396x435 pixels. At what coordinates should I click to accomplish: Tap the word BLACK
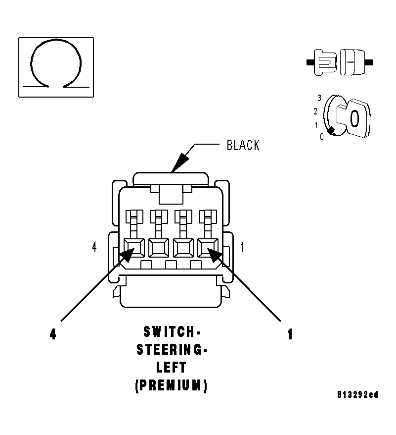click(x=243, y=145)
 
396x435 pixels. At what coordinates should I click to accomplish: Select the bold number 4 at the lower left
click(x=53, y=334)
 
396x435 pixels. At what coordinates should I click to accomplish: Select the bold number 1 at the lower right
click(x=290, y=335)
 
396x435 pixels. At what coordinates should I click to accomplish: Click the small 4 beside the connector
click(x=94, y=247)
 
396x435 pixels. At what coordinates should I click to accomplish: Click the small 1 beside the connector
click(x=242, y=247)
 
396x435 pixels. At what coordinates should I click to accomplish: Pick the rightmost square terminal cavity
click(x=208, y=248)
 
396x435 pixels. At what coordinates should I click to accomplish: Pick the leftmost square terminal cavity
click(x=134, y=248)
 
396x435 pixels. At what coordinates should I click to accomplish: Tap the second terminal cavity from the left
click(x=159, y=248)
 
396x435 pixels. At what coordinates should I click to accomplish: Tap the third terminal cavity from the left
click(x=183, y=248)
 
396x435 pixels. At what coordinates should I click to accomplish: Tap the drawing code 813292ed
click(x=358, y=395)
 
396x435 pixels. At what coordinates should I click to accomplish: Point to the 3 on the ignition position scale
click(x=319, y=98)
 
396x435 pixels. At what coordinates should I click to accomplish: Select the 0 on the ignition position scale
click(x=322, y=136)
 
